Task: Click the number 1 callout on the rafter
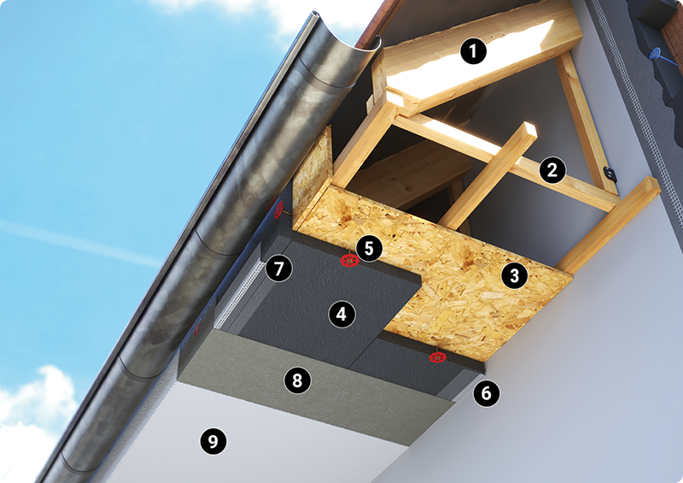[x=473, y=51]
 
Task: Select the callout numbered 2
[x=552, y=170]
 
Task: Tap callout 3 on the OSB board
[x=515, y=276]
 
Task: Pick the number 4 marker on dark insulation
[x=342, y=314]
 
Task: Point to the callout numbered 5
[x=369, y=248]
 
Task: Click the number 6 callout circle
[x=486, y=393]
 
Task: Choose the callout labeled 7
[x=279, y=268]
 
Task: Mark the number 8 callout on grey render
[x=297, y=380]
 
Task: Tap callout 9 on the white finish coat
[x=213, y=441]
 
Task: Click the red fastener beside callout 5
[x=349, y=261]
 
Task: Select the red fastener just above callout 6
[x=437, y=357]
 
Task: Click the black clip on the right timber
[x=610, y=174]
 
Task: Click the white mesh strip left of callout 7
[x=240, y=296]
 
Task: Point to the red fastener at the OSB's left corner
[x=277, y=209]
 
